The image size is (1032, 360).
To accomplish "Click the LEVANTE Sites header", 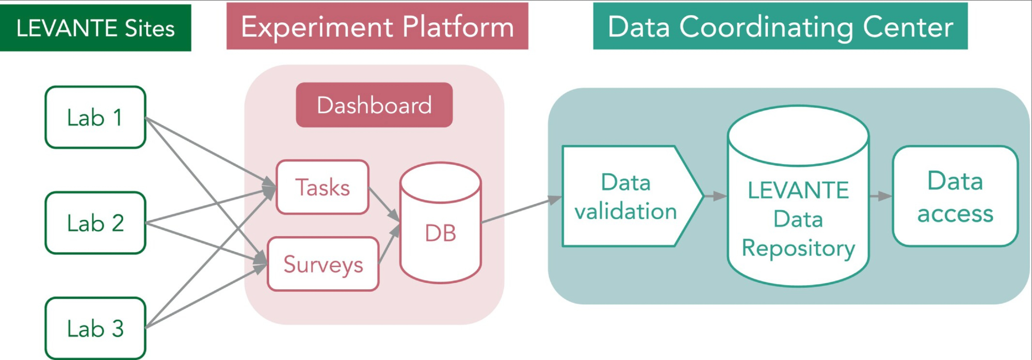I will (95, 28).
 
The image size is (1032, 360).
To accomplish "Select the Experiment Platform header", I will (377, 26).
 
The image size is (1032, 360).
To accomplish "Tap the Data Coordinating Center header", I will (780, 26).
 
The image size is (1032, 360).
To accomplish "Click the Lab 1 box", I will (95, 118).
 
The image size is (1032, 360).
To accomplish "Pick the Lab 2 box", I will (95, 223).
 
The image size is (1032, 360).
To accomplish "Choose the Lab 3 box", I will (95, 328).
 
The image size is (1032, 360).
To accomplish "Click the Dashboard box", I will (374, 105).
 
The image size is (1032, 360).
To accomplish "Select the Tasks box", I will (322, 187).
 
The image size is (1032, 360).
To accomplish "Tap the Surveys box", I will (323, 264).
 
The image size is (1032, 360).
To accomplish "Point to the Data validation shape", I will (626, 197).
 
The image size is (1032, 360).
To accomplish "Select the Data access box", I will (955, 197).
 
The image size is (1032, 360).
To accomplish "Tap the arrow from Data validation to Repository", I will (715, 196).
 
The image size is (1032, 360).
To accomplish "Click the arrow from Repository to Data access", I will (880, 196).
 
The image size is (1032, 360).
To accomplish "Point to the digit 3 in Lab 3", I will (118, 329).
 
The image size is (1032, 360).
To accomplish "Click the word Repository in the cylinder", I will (798, 248).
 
